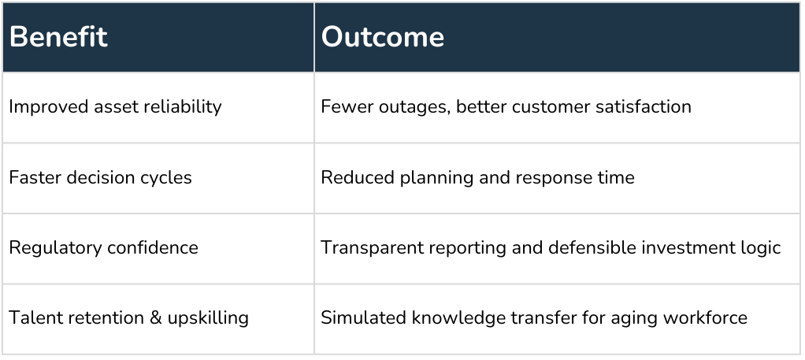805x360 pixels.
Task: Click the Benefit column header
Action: pos(58,38)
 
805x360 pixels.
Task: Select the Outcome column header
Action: pos(383,38)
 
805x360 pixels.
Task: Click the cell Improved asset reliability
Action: pos(115,107)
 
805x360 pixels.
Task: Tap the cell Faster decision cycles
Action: pos(100,177)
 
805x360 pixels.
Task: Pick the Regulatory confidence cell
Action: pos(103,248)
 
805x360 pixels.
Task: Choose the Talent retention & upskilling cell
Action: pos(128,318)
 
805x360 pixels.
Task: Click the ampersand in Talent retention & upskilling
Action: pos(154,318)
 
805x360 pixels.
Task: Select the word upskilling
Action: pos(208,318)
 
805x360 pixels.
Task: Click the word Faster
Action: pos(32,177)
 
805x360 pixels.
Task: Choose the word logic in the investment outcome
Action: pos(761,248)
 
